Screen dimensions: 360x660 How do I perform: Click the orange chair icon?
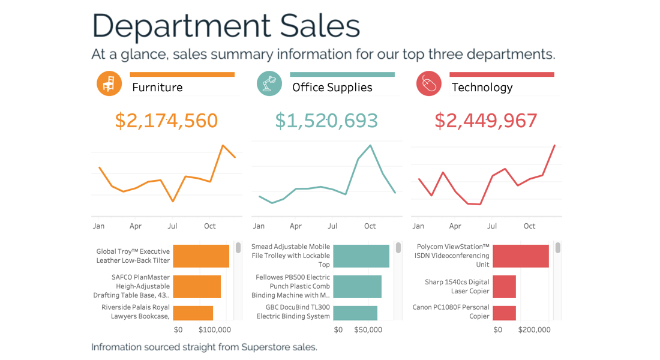pos(109,83)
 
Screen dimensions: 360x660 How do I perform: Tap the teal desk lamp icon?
pos(269,83)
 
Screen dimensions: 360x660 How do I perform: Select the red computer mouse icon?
pos(428,83)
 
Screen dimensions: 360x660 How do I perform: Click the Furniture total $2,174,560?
pos(166,121)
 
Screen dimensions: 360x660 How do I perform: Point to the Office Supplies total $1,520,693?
pos(326,121)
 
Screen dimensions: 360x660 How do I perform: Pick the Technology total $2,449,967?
pos(486,121)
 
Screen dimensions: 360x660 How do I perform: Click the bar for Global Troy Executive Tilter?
pos(201,256)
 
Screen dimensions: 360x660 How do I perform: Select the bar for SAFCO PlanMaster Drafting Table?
pos(197,287)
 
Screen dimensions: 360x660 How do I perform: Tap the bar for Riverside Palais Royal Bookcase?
pos(193,313)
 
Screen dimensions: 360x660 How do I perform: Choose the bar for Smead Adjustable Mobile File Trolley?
pos(361,256)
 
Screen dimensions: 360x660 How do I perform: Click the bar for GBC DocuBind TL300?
pos(355,313)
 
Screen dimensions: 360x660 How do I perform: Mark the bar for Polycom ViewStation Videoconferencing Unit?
pos(521,256)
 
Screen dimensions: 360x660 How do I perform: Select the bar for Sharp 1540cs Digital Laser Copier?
pos(505,287)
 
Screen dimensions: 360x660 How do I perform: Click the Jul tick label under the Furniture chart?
pos(172,226)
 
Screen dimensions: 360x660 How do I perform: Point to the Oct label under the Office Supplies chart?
pos(370,226)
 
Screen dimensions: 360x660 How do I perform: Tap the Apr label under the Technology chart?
pos(455,226)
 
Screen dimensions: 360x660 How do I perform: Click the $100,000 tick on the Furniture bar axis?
pos(214,330)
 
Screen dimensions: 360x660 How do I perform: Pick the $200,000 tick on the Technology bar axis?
pos(534,330)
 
